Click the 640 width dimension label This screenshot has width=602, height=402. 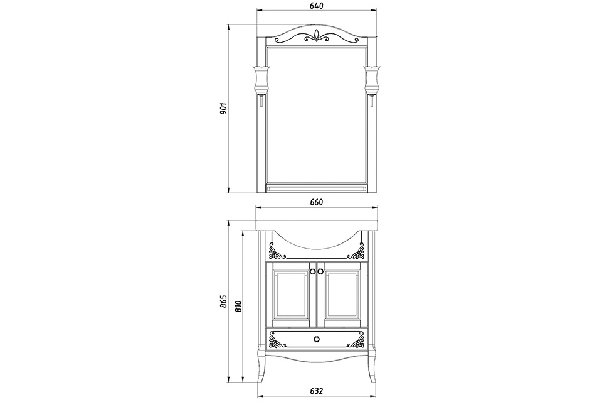[x=316, y=6]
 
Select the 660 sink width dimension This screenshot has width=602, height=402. [x=316, y=202]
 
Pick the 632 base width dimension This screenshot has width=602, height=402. [x=316, y=391]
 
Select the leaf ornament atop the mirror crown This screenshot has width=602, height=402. [x=316, y=36]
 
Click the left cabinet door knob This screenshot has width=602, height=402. [x=312, y=271]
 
